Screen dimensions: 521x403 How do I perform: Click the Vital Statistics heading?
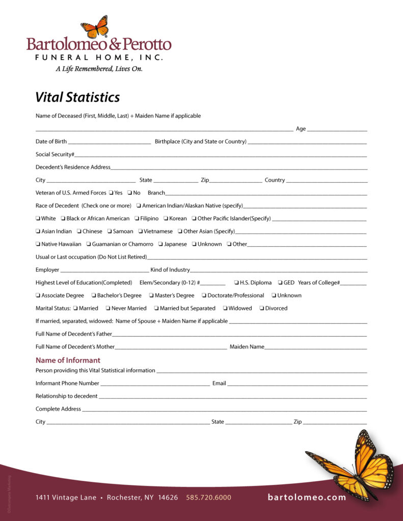point(77,97)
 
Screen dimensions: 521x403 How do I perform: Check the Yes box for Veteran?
point(111,193)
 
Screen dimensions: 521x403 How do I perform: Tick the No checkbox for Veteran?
point(130,193)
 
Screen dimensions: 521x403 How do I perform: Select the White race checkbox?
point(38,219)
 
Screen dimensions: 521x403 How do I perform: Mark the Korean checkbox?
point(166,219)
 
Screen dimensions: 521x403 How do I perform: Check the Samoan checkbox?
point(110,231)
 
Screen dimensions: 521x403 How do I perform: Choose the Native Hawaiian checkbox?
point(38,244)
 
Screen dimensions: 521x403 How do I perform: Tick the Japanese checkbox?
point(160,244)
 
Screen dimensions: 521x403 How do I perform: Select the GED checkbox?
point(281,283)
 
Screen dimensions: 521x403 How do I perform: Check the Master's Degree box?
point(151,296)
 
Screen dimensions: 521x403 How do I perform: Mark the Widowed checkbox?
point(225,308)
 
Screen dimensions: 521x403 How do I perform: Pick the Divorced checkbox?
point(262,308)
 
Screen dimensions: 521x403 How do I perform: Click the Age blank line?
point(337,131)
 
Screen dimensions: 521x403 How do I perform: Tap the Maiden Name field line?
point(315,349)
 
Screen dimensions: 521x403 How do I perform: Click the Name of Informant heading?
point(68,360)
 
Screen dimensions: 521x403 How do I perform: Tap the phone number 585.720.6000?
point(208,497)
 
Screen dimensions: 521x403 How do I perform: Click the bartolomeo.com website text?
point(307,497)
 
